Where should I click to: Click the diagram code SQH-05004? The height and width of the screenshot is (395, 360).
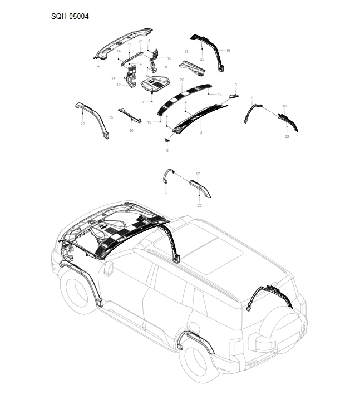70,16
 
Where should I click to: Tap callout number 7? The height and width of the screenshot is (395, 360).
98,67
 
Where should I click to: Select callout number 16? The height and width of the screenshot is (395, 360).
228,51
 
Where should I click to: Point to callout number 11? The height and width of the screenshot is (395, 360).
186,52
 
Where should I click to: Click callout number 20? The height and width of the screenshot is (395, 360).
182,80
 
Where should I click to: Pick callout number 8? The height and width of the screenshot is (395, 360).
166,67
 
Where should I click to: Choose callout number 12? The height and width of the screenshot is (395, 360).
119,85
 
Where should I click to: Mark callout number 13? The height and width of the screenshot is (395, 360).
169,58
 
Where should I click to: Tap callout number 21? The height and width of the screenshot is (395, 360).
141,41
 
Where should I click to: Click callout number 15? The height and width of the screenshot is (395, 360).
111,117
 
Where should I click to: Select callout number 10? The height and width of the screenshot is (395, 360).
131,131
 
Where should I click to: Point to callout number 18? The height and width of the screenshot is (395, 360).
284,106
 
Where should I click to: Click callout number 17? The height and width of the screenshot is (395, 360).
198,174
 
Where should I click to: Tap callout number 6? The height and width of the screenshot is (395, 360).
236,85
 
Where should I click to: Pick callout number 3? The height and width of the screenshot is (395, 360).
201,132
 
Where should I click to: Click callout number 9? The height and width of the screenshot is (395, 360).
142,102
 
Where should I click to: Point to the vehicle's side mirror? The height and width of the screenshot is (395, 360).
109,270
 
